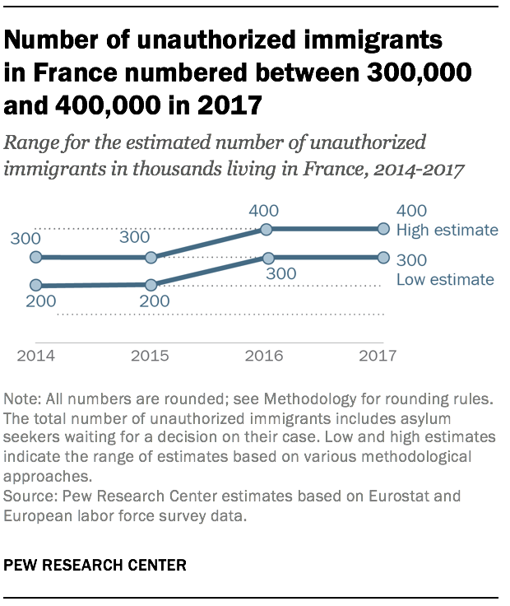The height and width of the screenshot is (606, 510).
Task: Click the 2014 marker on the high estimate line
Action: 35,257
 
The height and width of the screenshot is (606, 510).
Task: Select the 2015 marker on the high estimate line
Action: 151,257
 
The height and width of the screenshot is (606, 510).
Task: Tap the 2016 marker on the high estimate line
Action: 267,229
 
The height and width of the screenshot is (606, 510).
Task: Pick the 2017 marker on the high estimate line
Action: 382,229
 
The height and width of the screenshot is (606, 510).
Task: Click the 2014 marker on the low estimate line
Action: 35,285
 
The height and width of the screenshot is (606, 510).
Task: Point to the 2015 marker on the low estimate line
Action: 151,285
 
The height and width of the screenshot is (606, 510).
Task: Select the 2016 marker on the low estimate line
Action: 267,257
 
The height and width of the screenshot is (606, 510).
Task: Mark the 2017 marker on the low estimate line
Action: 382,257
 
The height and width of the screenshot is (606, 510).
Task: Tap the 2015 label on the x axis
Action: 150,357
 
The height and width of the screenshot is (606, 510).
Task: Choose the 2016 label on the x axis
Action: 266,357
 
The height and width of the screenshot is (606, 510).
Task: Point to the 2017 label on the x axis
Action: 379,357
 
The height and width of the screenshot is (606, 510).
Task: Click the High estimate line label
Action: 447,231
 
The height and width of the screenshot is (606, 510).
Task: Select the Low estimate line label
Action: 445,280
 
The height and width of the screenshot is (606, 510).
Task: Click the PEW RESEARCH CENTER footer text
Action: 95,566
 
